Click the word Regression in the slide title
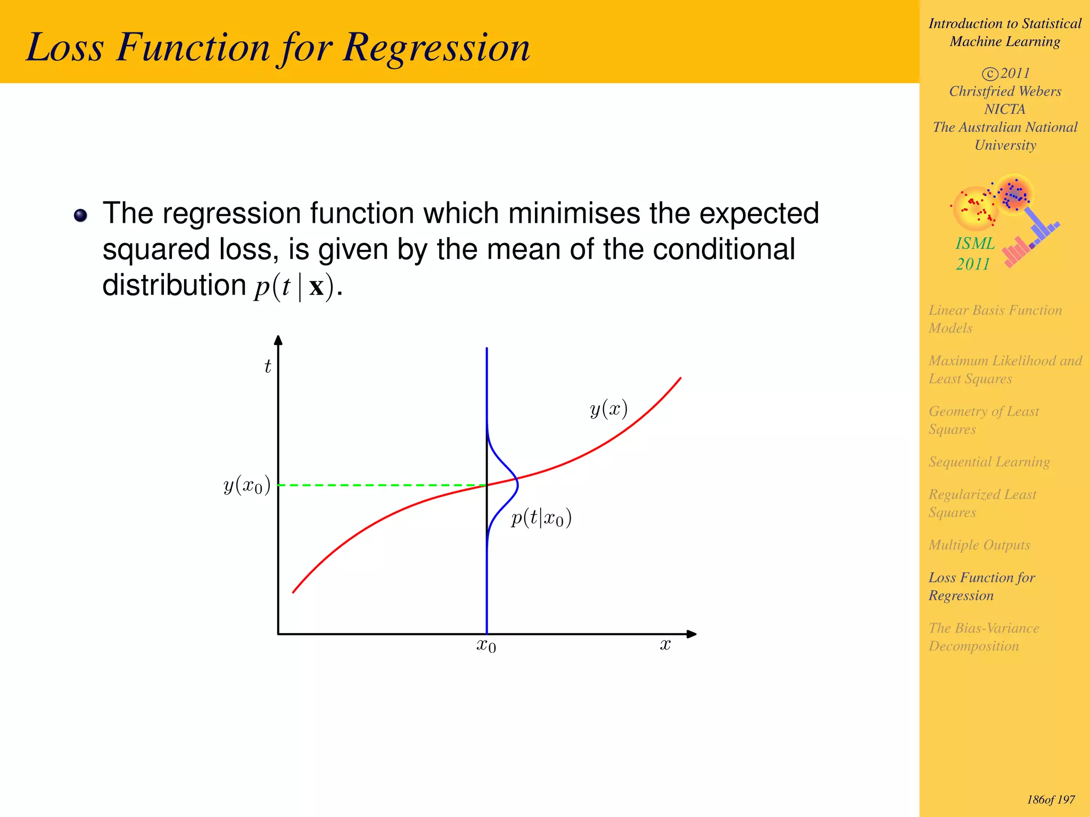click(x=436, y=48)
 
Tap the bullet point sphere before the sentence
click(x=80, y=215)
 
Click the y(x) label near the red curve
click(x=608, y=409)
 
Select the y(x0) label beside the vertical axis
click(x=247, y=486)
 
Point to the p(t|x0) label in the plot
click(x=541, y=518)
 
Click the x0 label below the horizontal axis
click(x=486, y=646)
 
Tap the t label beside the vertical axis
click(x=268, y=366)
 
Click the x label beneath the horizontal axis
click(x=665, y=645)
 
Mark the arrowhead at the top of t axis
click(x=278, y=340)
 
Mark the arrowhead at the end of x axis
click(x=691, y=634)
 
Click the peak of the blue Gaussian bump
click(x=517, y=484)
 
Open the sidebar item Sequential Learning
click(x=989, y=462)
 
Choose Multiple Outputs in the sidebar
click(x=979, y=545)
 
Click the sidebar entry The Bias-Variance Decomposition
click(x=984, y=637)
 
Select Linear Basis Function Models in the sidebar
click(x=995, y=319)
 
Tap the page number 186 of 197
click(x=1050, y=799)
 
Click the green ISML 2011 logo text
click(x=975, y=253)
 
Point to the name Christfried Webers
click(x=1005, y=91)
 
